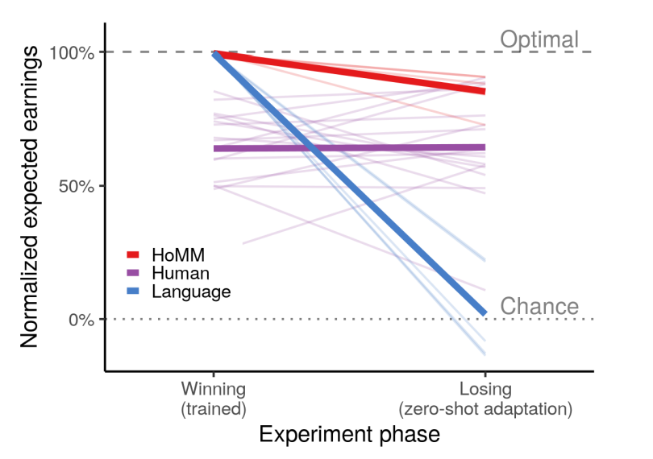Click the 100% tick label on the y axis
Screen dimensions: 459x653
(x=76, y=53)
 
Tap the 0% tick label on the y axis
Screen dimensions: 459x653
(x=84, y=320)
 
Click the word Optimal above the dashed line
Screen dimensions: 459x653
(x=539, y=39)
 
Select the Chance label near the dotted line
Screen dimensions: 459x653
(x=539, y=306)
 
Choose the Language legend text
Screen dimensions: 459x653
(x=191, y=292)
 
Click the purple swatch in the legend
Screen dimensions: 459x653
(x=134, y=274)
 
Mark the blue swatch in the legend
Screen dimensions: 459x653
(x=134, y=292)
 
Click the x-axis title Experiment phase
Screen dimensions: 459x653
(x=350, y=435)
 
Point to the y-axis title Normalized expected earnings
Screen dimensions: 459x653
(x=30, y=198)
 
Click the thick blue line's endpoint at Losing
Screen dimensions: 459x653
(x=484, y=312)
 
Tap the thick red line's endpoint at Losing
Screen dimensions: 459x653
(x=484, y=91)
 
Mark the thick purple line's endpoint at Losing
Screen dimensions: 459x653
(x=484, y=147)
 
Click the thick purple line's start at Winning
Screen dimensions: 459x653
(x=215, y=148)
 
